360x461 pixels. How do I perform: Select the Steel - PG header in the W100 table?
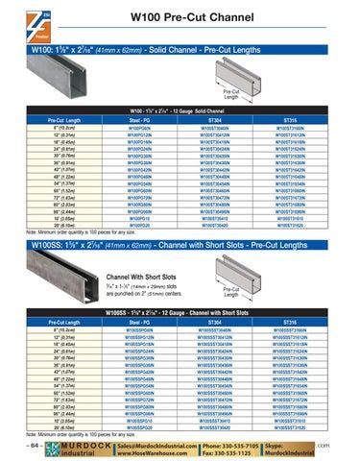pos(140,119)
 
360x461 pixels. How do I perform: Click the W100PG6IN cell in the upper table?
pos(140,126)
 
